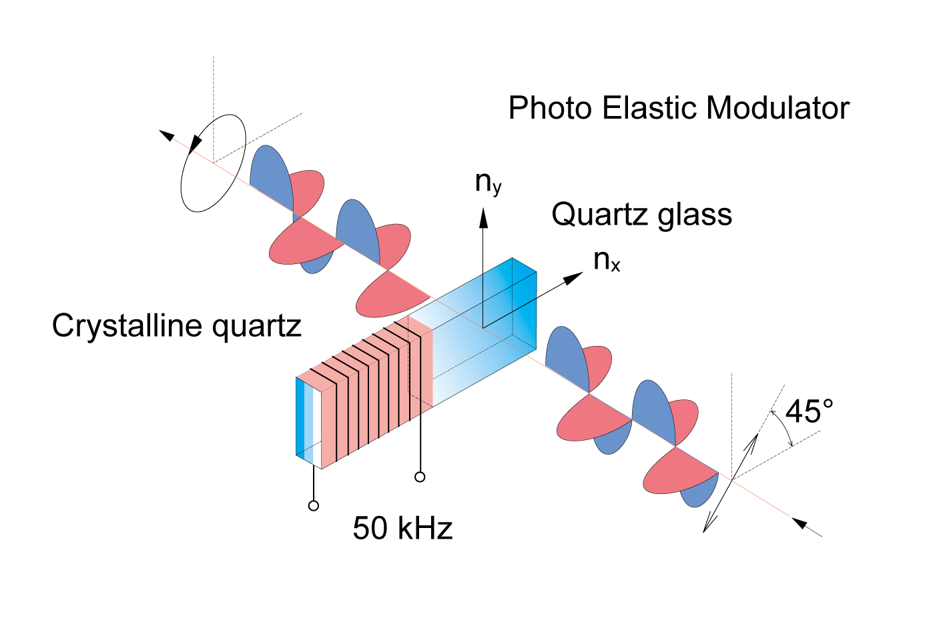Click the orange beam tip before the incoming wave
tap(174, 139)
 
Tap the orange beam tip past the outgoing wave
tap(788, 515)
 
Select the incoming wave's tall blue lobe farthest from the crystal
tap(270, 175)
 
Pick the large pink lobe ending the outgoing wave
tap(674, 475)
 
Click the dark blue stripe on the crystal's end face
tap(300, 417)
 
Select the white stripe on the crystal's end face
tap(317, 427)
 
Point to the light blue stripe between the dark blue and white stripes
tap(308, 422)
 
